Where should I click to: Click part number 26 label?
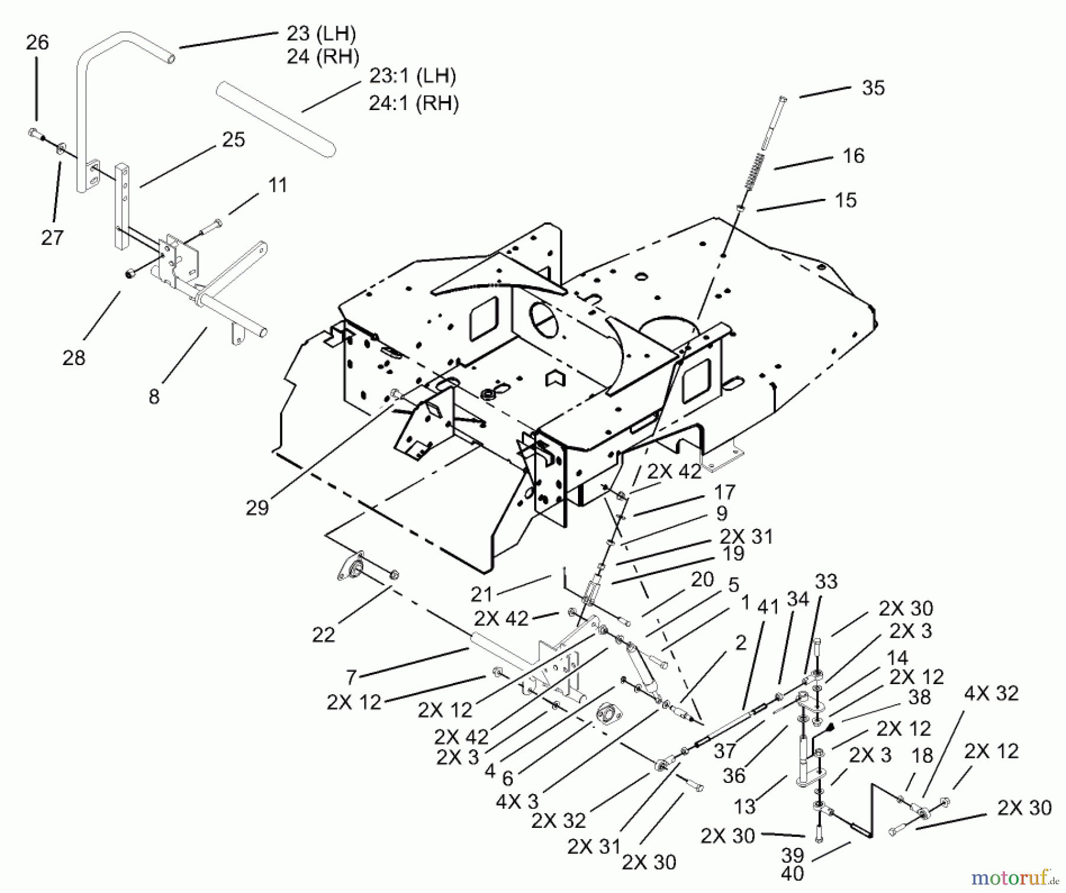pyautogui.click(x=37, y=43)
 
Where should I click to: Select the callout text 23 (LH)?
pyautogui.click(x=322, y=34)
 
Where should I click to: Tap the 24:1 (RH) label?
pyautogui.click(x=413, y=104)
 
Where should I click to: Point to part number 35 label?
pyautogui.click(x=873, y=88)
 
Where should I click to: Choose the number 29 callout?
pyautogui.click(x=257, y=508)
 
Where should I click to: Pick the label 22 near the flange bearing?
pyautogui.click(x=323, y=635)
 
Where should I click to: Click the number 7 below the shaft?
pyautogui.click(x=351, y=676)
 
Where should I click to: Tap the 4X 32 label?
pyautogui.click(x=991, y=693)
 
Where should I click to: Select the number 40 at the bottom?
pyautogui.click(x=792, y=873)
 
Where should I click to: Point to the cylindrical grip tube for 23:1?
pyautogui.click(x=275, y=119)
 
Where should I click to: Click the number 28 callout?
pyautogui.click(x=74, y=357)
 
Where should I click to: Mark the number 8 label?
pyautogui.click(x=154, y=396)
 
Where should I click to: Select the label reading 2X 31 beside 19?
pyautogui.click(x=746, y=536)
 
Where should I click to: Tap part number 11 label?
pyautogui.click(x=278, y=185)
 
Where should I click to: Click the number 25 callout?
pyautogui.click(x=233, y=140)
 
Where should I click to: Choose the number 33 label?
pyautogui.click(x=826, y=581)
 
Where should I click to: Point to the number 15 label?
pyautogui.click(x=846, y=200)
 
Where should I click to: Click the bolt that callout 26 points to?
pyautogui.click(x=36, y=134)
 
